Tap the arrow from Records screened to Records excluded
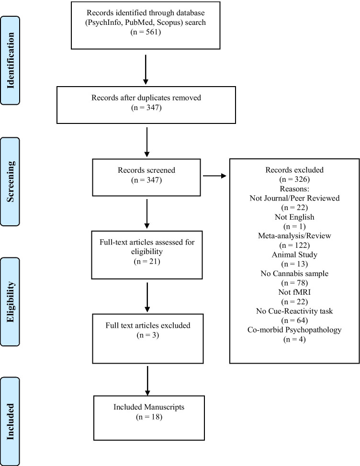coord(216,176)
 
